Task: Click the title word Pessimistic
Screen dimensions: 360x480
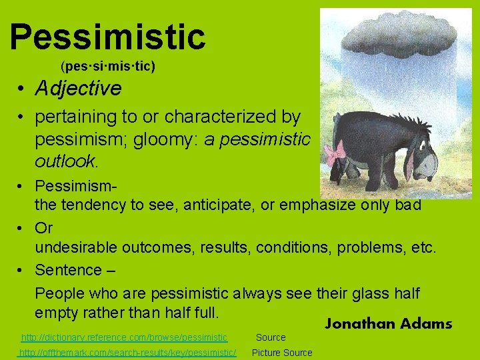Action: click(x=107, y=37)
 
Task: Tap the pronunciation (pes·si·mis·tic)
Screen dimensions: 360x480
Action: click(x=107, y=67)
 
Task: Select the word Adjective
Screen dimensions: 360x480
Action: click(x=78, y=89)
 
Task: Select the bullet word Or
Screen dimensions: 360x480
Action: click(x=44, y=227)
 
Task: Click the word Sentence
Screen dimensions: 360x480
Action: click(x=67, y=270)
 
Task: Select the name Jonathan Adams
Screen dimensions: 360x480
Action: click(x=388, y=324)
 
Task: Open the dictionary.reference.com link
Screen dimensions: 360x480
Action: click(x=124, y=338)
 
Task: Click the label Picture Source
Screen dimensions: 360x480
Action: click(x=281, y=353)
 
